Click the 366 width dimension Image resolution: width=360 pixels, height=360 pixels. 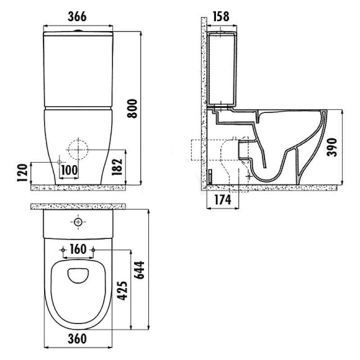[x=77, y=17]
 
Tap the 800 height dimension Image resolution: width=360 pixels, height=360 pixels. [x=132, y=109]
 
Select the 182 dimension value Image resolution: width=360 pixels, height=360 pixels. [x=117, y=167]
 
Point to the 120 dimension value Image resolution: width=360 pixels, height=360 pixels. [x=22, y=173]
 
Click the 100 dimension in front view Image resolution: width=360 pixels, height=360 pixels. [x=70, y=170]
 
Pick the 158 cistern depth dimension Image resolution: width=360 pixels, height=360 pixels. [x=221, y=16]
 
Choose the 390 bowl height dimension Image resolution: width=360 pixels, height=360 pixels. [x=332, y=147]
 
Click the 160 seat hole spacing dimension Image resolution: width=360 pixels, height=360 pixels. [x=78, y=250]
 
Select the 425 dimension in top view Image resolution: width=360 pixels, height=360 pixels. [x=122, y=290]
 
